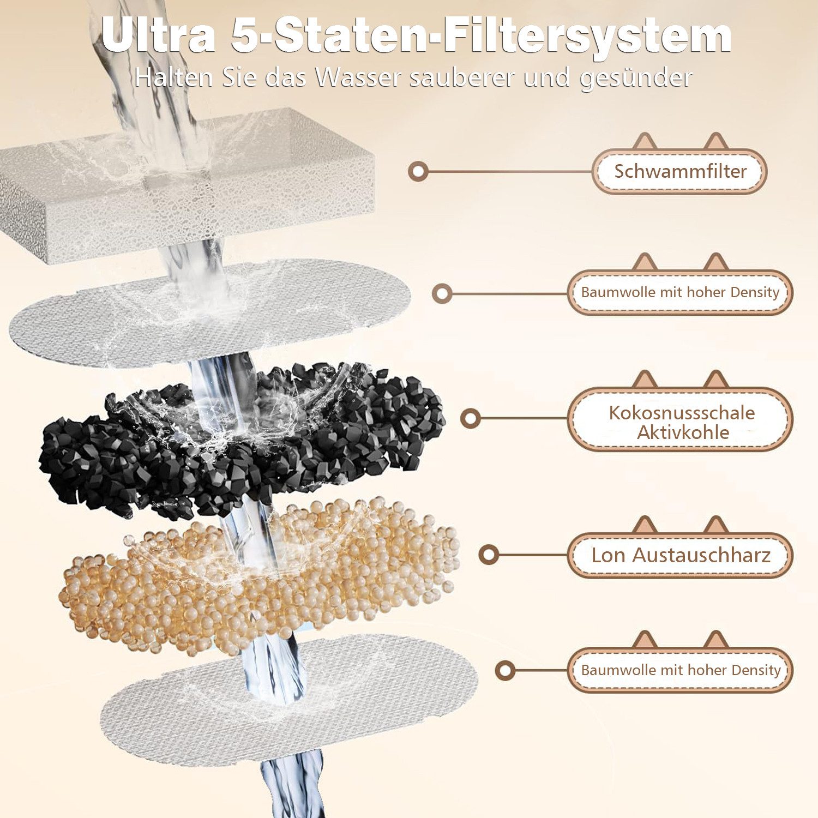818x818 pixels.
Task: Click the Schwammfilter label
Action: [x=679, y=171]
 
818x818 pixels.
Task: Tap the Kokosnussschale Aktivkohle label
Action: [x=681, y=422]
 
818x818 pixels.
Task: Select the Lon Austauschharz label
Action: [x=680, y=555]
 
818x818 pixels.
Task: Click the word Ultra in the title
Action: [x=158, y=36]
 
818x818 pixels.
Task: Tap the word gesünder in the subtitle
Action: [x=635, y=78]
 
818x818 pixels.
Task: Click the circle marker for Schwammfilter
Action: [x=418, y=172]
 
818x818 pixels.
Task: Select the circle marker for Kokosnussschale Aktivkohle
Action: [x=470, y=418]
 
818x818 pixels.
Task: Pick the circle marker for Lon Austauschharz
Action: [x=489, y=555]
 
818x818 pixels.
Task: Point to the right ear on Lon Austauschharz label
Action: [x=715, y=525]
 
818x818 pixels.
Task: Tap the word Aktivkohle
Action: [x=683, y=432]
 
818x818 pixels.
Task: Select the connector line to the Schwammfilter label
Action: [x=507, y=172]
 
